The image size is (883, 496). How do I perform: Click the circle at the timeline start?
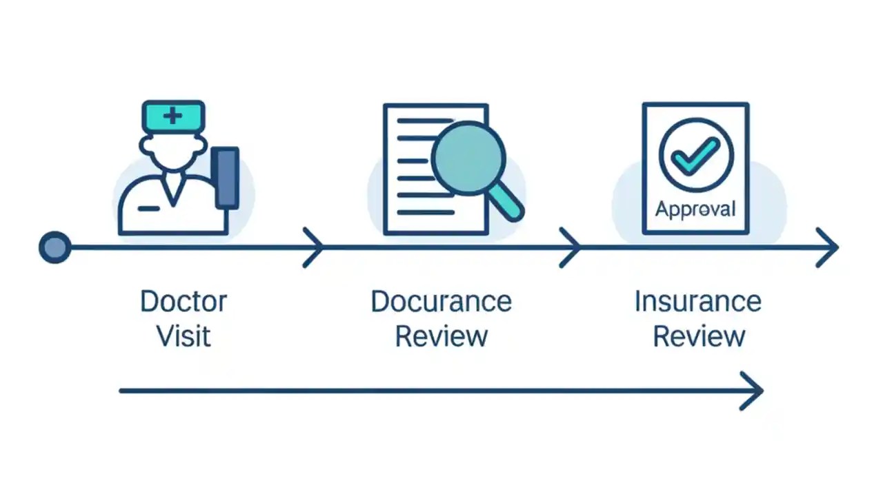[54, 247]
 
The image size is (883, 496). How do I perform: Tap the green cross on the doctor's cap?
[172, 115]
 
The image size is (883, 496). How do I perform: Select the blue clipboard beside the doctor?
[227, 178]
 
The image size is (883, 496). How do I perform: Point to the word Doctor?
[183, 302]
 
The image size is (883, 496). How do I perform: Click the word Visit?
[183, 337]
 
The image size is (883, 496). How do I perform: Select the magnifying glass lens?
[468, 158]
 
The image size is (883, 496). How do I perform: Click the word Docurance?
[441, 302]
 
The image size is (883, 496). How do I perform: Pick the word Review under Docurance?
[441, 337]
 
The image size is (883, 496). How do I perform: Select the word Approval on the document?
[695, 208]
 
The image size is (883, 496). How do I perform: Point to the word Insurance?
[697, 302]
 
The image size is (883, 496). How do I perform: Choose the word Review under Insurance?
[699, 337]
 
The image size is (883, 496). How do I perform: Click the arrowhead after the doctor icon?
[316, 247]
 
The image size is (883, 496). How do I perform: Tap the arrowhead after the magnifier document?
[572, 247]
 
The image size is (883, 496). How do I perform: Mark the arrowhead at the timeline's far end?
[829, 247]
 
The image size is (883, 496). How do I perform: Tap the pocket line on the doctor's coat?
[148, 207]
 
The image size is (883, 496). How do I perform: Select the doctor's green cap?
[173, 116]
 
